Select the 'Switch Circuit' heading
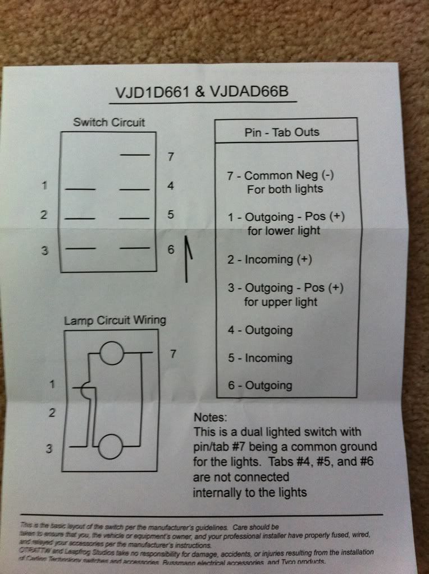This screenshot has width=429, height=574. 109,122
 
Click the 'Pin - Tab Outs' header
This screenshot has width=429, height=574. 282,132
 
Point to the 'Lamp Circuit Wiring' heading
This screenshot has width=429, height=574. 115,321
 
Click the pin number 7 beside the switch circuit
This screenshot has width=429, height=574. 171,157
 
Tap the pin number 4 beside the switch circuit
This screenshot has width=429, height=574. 171,186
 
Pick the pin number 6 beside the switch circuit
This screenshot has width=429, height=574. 171,250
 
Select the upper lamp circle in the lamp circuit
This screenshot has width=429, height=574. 111,354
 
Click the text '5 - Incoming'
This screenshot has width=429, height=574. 260,358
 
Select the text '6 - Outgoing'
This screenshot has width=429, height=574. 260,385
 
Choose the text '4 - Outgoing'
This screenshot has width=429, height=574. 260,331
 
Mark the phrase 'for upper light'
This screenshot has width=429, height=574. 282,302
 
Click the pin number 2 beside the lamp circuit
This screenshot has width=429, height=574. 52,413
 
